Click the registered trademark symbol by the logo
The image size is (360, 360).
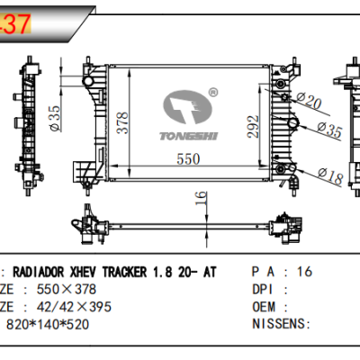pyautogui.click(x=213, y=91)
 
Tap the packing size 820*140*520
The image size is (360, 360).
pyautogui.click(x=49, y=322)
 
